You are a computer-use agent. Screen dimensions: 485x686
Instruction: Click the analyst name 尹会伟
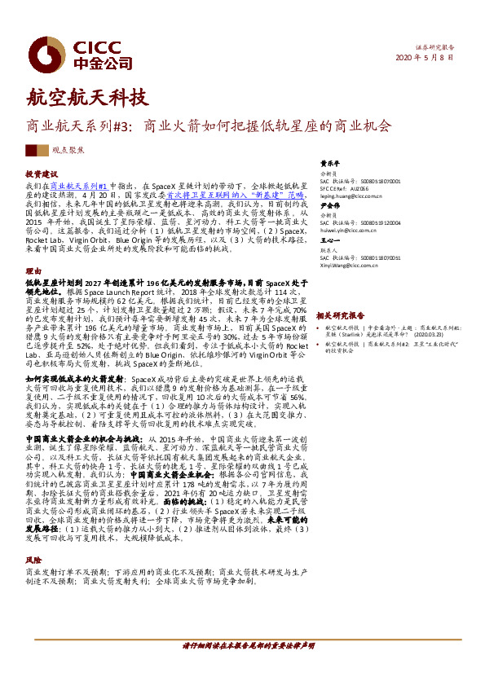pos(328,207)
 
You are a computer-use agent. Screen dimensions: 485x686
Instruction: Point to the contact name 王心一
pos(328,241)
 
